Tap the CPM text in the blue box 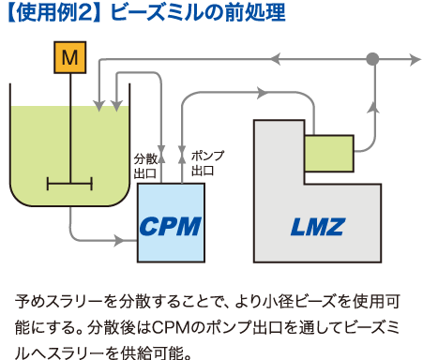point(171,225)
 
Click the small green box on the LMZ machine point(328,152)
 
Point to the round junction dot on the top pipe point(372,59)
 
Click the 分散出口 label point(144,165)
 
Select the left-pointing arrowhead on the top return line point(275,59)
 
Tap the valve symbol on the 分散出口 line point(161,151)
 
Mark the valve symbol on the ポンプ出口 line point(182,151)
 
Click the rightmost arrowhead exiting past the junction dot point(415,59)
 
